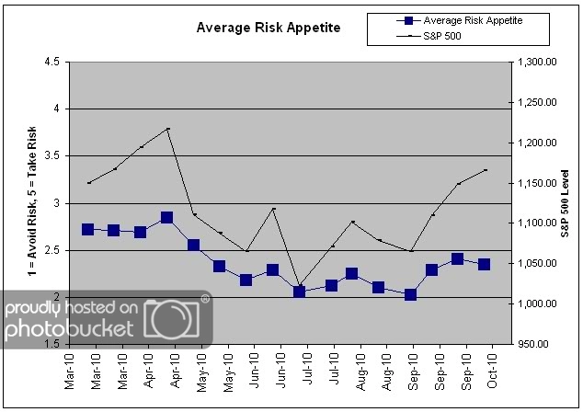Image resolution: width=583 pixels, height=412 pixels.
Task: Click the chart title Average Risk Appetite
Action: [x=268, y=28]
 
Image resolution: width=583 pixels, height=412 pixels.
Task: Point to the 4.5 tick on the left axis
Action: [x=51, y=62]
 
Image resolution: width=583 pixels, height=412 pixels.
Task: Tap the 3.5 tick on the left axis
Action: [x=51, y=155]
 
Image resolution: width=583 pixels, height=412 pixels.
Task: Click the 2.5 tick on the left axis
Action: [x=51, y=250]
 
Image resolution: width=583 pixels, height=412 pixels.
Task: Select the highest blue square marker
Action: [x=167, y=218]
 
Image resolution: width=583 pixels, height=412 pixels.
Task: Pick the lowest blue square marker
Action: [x=410, y=294]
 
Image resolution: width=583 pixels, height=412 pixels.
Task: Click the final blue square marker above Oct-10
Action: [x=484, y=264]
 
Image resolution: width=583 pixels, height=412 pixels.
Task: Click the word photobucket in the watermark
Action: [x=70, y=329]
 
